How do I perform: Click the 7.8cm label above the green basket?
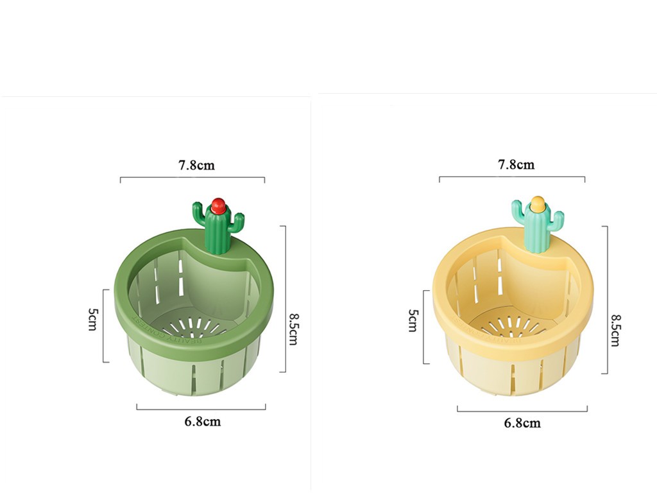tap(196, 165)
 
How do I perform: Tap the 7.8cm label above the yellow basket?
tap(516, 164)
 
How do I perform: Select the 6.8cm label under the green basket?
tap(202, 421)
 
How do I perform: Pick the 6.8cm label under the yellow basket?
tap(522, 422)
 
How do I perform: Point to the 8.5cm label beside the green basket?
tap(293, 329)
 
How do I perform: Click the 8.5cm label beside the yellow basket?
tap(615, 330)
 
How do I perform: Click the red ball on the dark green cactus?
tap(218, 207)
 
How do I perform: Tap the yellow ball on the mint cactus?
tap(538, 205)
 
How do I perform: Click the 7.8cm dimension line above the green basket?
tap(192, 178)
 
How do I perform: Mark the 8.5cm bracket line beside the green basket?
tap(284, 298)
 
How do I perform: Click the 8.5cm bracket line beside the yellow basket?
tap(606, 299)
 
